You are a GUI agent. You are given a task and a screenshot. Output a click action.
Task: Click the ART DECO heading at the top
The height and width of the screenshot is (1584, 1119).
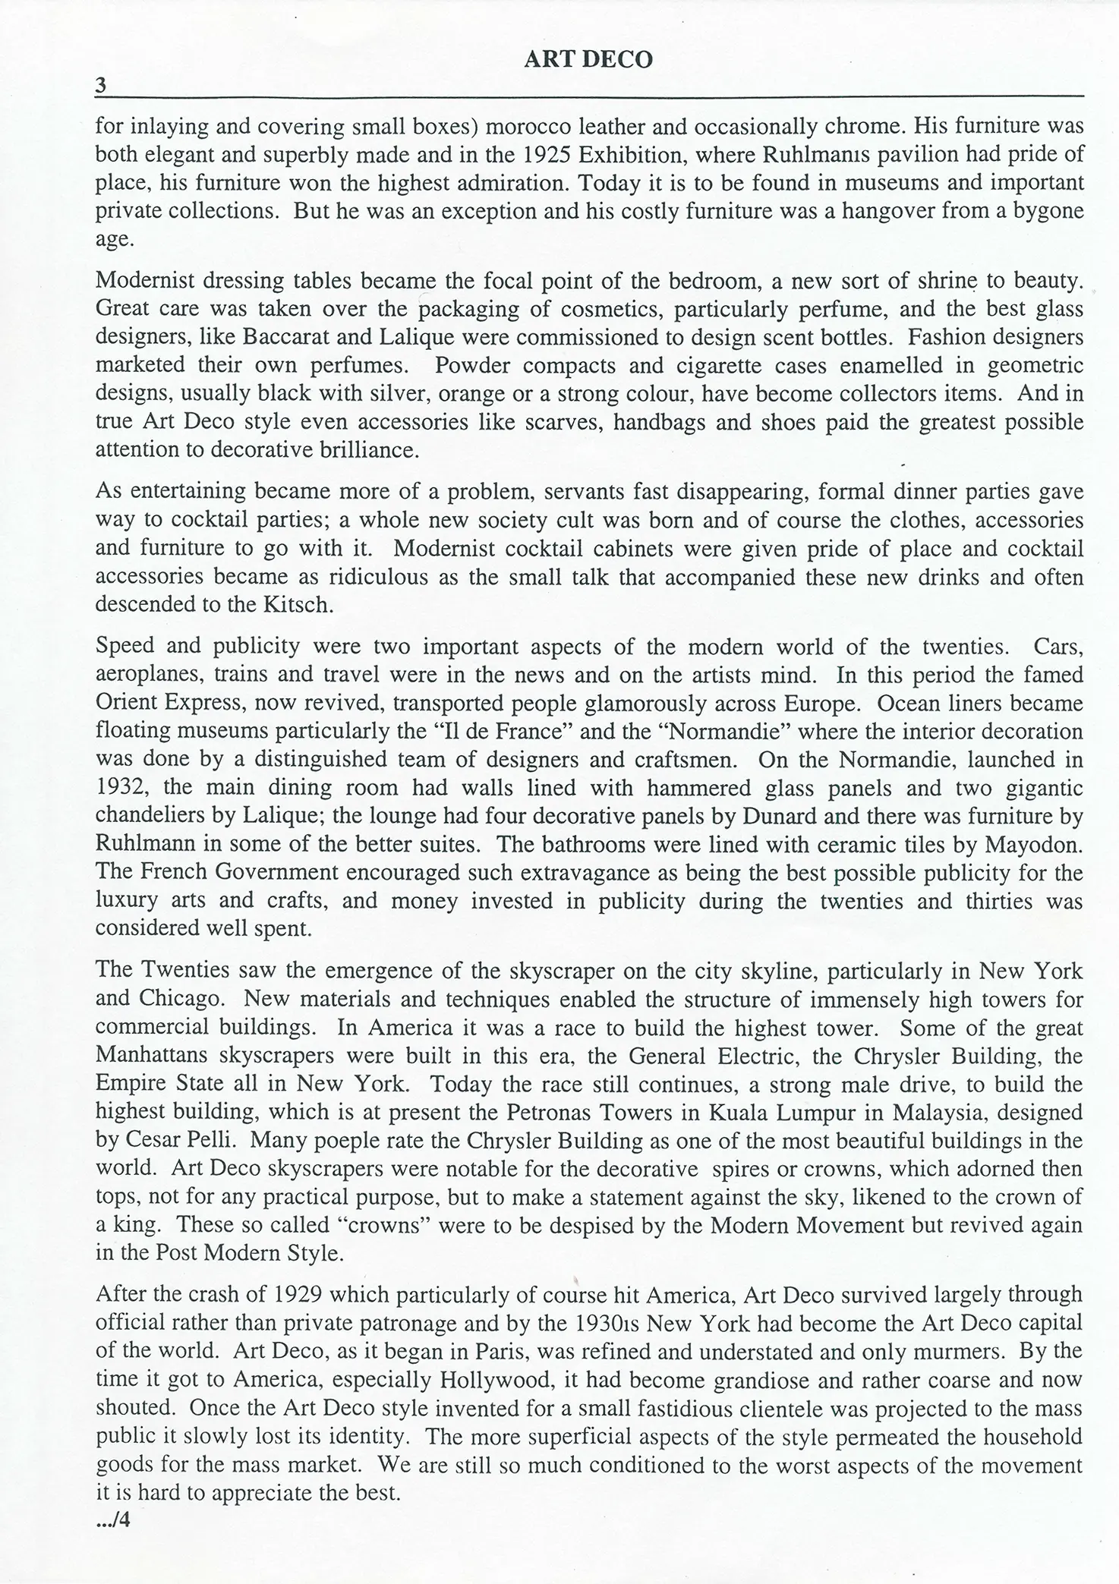[x=588, y=60]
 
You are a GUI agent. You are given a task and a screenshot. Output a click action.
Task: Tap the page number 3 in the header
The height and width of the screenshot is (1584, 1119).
[x=99, y=87]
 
